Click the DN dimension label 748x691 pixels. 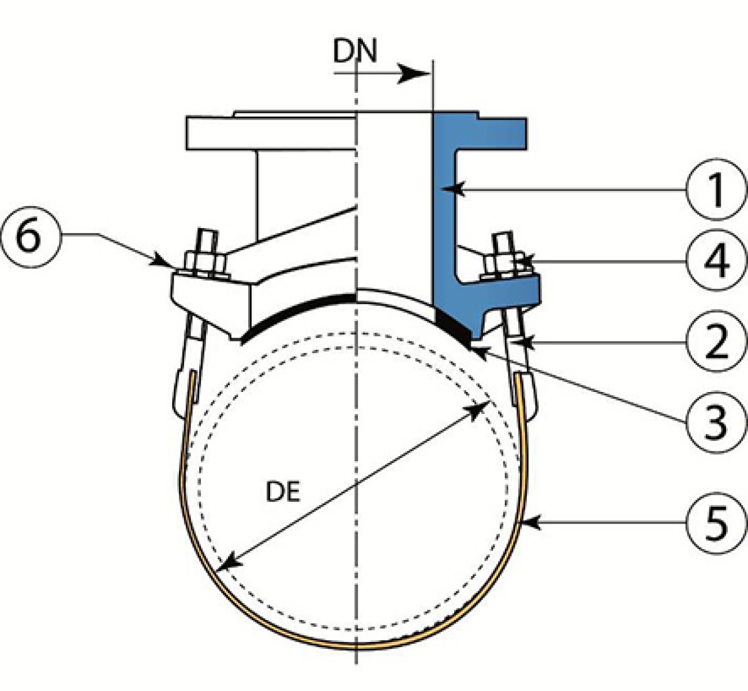[x=354, y=51]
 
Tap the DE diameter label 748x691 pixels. [x=282, y=492]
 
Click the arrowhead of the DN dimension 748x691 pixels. [x=414, y=73]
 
